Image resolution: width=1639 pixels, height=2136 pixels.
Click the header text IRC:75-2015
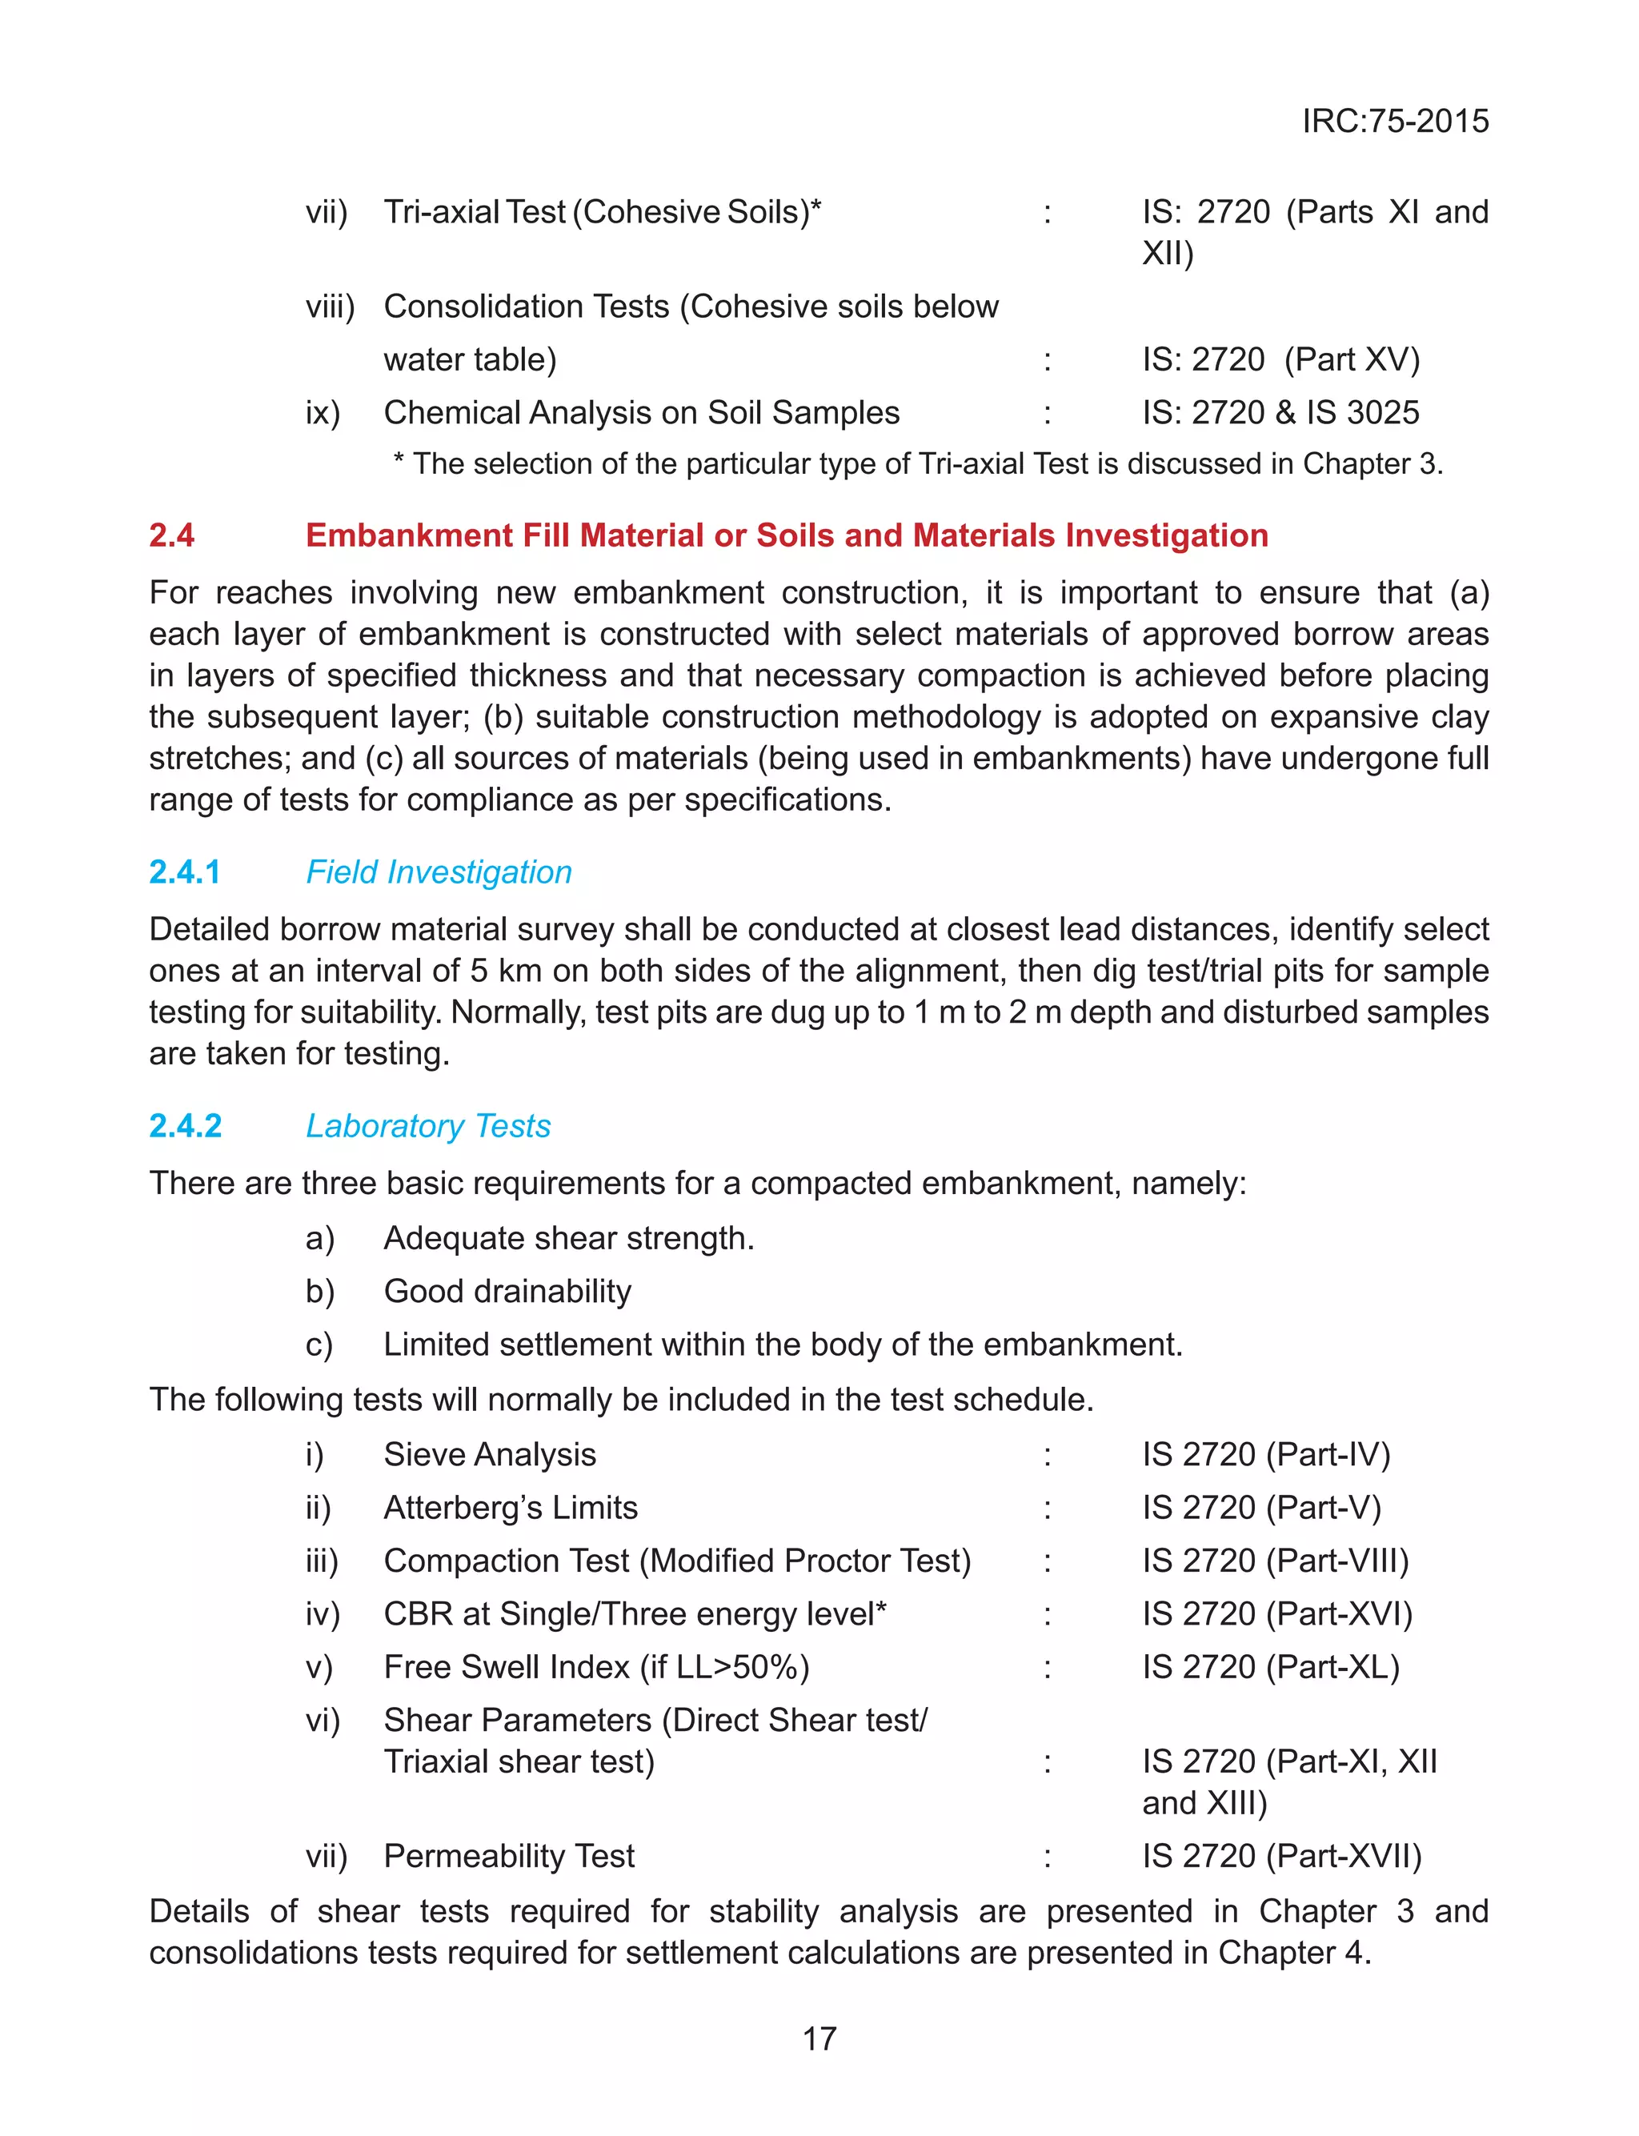pos(1394,121)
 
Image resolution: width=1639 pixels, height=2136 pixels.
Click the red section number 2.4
pos(172,535)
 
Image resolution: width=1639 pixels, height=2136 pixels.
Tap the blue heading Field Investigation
pos(439,872)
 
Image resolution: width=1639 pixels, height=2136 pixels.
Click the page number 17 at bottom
pos(819,2038)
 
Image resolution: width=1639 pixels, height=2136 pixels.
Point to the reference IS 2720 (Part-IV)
pos(1265,1454)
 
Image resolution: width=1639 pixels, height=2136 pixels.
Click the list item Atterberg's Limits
pos(511,1508)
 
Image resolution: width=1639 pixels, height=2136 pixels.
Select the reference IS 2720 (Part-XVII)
pos(1282,1855)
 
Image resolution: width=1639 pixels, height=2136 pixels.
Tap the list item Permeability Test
pos(508,1855)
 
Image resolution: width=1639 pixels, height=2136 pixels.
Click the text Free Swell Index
pos(507,1667)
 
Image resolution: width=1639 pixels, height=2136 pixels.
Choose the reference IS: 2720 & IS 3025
pos(1280,413)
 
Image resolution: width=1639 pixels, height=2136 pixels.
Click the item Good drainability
pos(507,1292)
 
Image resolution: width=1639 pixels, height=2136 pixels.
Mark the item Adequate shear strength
pos(569,1239)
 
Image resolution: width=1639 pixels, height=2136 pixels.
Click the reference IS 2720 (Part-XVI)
pos(1277,1614)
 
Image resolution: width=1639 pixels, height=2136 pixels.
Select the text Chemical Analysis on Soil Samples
pos(641,413)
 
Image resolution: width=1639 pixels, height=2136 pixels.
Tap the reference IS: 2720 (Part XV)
pos(1280,360)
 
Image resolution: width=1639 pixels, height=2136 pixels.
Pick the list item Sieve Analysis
pos(490,1454)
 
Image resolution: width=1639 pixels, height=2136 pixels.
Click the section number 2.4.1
pos(186,872)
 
